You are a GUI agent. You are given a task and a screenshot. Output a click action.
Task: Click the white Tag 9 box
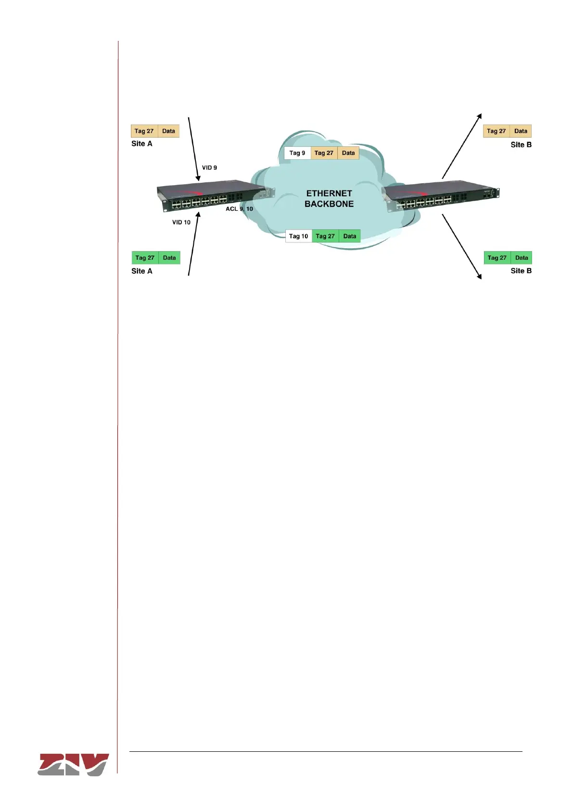click(297, 153)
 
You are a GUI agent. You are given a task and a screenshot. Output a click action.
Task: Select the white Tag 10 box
click(299, 236)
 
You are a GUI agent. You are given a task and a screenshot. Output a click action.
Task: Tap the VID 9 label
click(209, 168)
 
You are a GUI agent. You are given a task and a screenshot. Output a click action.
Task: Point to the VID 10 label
click(181, 222)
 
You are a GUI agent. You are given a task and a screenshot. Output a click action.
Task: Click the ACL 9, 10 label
click(239, 209)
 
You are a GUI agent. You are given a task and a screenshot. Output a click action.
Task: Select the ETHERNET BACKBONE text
click(329, 199)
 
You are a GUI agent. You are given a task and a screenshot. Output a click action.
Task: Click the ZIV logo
click(73, 764)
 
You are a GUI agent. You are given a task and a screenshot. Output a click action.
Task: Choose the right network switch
click(440, 195)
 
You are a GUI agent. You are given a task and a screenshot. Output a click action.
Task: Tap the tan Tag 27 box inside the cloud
click(324, 153)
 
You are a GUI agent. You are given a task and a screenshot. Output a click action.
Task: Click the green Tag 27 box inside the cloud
click(325, 236)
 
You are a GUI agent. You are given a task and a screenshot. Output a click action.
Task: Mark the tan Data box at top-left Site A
click(168, 131)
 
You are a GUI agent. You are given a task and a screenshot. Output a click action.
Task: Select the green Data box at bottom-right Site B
click(522, 258)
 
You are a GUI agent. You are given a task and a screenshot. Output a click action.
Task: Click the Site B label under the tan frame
click(521, 145)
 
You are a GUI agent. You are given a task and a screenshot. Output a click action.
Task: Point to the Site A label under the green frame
click(142, 271)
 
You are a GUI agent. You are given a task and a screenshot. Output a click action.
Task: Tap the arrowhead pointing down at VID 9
click(198, 178)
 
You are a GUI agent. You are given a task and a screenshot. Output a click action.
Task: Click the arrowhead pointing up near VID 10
click(197, 214)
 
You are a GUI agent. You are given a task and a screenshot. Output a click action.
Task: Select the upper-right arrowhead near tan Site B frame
click(479, 116)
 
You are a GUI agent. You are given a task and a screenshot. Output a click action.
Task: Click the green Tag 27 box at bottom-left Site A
click(145, 258)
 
